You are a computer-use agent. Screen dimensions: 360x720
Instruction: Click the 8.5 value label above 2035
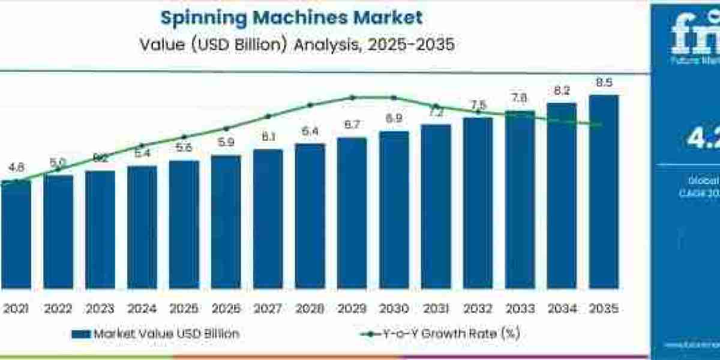pyautogui.click(x=604, y=83)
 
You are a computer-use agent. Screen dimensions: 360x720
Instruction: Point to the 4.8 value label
pyautogui.click(x=16, y=168)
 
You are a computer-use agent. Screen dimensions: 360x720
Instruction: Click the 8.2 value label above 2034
pyautogui.click(x=562, y=91)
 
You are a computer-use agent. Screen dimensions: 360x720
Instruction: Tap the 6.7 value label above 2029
pyautogui.click(x=352, y=125)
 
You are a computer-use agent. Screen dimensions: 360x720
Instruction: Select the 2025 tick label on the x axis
pyautogui.click(x=184, y=310)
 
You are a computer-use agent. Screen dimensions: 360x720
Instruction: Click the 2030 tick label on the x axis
pyautogui.click(x=394, y=310)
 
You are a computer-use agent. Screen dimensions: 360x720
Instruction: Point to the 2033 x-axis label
pyautogui.click(x=520, y=310)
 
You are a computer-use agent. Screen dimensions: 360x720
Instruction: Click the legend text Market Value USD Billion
pyautogui.click(x=166, y=334)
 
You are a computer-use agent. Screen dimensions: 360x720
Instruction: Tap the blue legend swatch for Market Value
pyautogui.click(x=80, y=334)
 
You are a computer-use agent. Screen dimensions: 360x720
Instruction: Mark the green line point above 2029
pyautogui.click(x=353, y=97)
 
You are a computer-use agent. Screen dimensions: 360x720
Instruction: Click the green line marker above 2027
pyautogui.click(x=268, y=116)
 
